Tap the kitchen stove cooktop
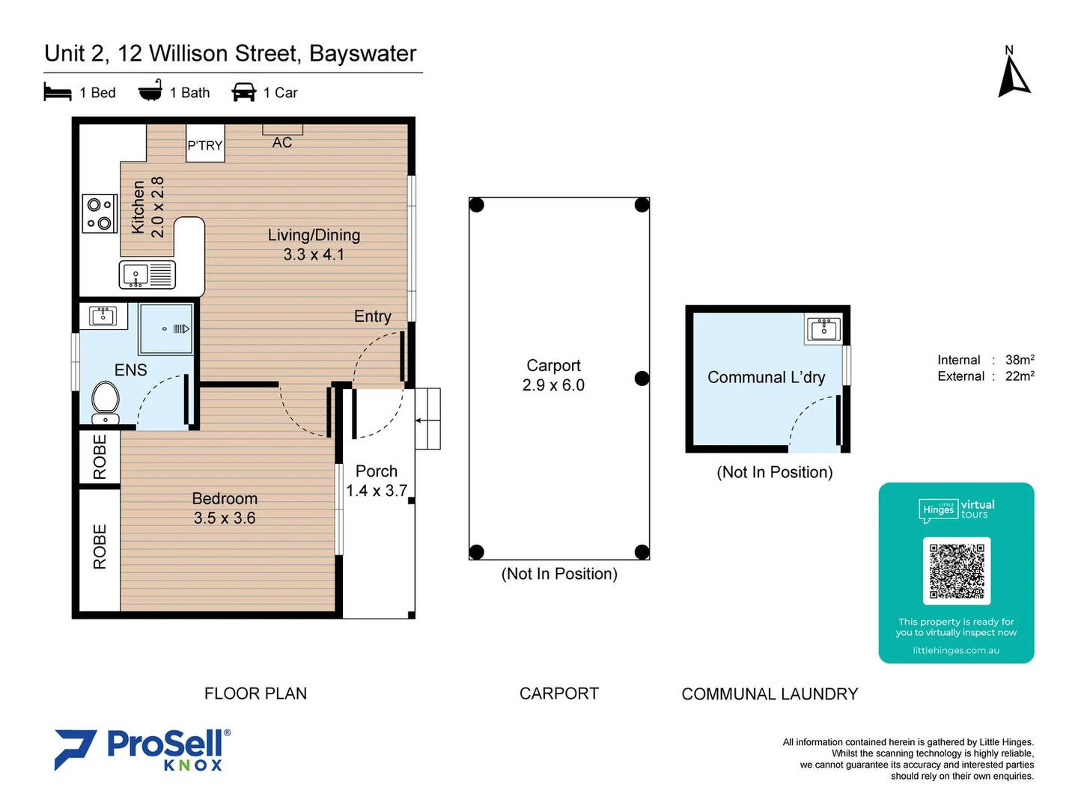(x=100, y=213)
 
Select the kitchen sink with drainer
(x=147, y=275)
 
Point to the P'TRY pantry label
(x=205, y=145)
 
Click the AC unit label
(x=282, y=142)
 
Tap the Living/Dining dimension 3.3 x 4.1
(x=314, y=255)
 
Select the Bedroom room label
(x=225, y=499)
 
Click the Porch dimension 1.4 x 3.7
(x=377, y=491)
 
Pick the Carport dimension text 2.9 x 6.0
(x=553, y=385)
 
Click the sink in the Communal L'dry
(x=824, y=329)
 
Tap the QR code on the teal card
(x=957, y=571)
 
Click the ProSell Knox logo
(x=142, y=750)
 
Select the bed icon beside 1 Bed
(x=58, y=92)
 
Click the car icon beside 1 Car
(x=244, y=92)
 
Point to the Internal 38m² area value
(x=1019, y=360)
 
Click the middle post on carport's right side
(x=642, y=379)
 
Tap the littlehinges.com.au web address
(x=956, y=650)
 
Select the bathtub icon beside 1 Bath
(x=150, y=91)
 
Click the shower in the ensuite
(x=166, y=328)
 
